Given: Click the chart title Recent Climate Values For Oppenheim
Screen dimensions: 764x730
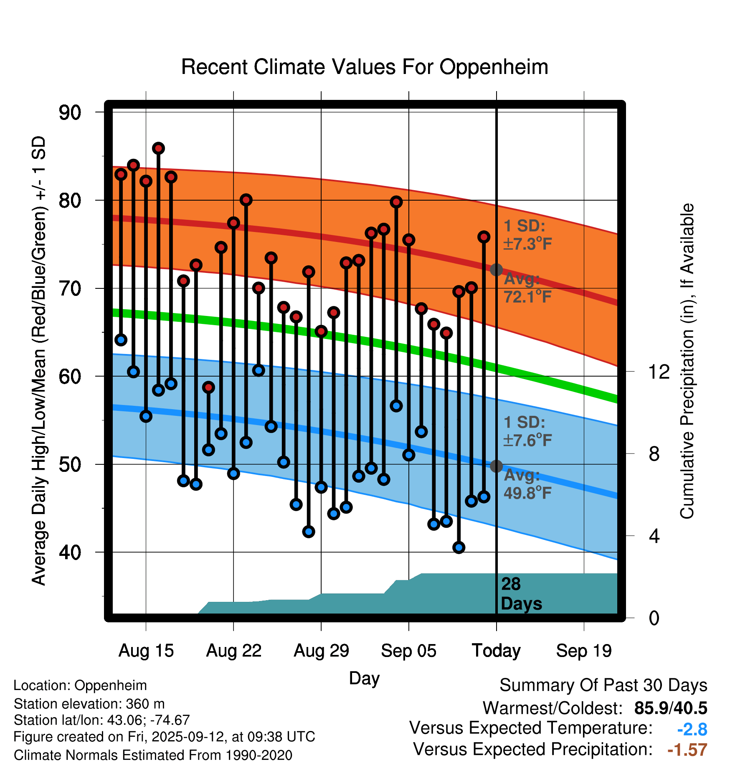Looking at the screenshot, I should click(x=365, y=67).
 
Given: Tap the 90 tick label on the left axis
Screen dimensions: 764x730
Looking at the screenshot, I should click(x=70, y=112).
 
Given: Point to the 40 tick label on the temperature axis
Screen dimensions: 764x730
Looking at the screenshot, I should click(x=70, y=552).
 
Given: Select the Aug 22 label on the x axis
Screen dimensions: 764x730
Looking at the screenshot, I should click(x=233, y=651).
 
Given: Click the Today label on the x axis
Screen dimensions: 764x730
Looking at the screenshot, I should click(x=496, y=651).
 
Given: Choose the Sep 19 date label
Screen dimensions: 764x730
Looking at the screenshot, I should click(x=583, y=651).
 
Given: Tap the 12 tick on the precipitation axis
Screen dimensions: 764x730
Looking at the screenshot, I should click(x=659, y=372).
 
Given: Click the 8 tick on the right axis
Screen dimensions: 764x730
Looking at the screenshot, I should click(x=654, y=453).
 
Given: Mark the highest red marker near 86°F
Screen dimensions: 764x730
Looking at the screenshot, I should click(x=158, y=148).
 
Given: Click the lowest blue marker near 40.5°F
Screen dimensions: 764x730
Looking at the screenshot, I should click(x=459, y=548).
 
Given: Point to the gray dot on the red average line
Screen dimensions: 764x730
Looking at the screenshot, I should click(x=496, y=270).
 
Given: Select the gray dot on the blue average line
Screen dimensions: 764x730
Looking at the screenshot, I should click(x=496, y=466).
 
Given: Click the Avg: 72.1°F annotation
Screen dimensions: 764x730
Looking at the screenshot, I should click(x=527, y=288).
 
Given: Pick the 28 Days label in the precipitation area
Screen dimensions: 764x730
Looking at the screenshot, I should click(x=521, y=594).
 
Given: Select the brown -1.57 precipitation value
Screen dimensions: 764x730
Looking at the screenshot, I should click(x=687, y=750).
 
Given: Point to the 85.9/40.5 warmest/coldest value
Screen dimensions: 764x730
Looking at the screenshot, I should click(x=670, y=708).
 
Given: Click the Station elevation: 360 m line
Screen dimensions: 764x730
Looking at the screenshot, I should click(x=89, y=704).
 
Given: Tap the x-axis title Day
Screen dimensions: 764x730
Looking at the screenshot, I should click(x=364, y=678).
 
